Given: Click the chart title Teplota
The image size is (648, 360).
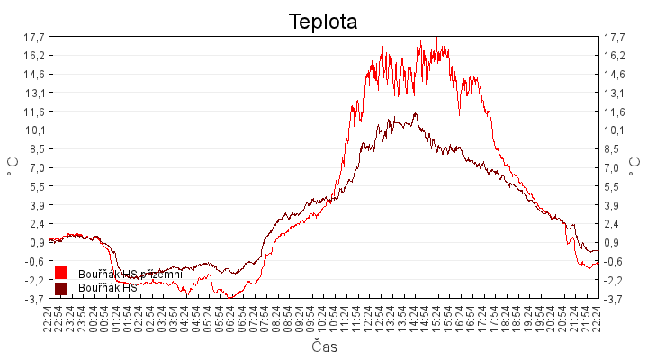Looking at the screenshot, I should [x=323, y=21].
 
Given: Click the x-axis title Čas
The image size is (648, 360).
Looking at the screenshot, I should [x=324, y=346].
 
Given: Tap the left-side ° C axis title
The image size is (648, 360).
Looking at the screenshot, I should [x=13, y=167].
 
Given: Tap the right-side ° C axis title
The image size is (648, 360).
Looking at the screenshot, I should [x=634, y=167].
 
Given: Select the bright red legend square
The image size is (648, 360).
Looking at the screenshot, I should [x=61, y=273].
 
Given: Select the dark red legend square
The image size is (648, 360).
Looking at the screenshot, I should [x=61, y=288].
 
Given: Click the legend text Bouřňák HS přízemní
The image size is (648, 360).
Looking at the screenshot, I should [x=130, y=273].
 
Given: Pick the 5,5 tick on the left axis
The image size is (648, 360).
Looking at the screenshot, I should [x=36, y=186].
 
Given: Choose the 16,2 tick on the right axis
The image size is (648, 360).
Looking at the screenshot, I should [x=615, y=56].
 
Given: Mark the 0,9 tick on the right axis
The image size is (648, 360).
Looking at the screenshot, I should [x=615, y=243].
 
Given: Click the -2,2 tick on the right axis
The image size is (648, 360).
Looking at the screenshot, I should [x=615, y=280].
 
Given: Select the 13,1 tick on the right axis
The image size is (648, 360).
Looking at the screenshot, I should [x=615, y=93].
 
